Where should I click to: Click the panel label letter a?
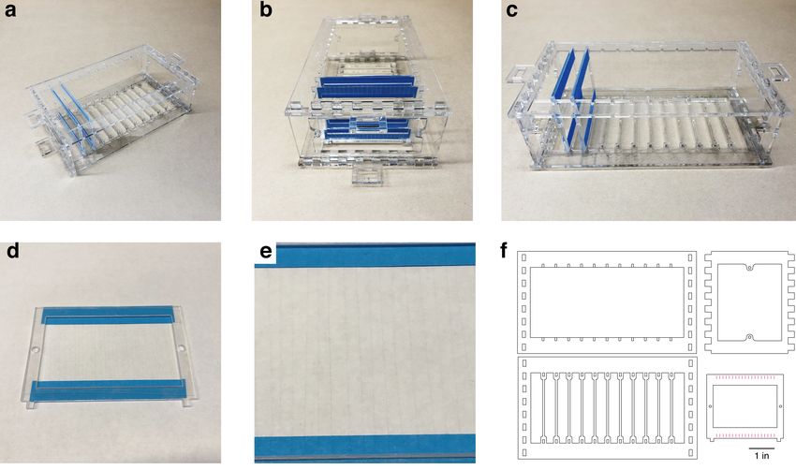pyautogui.click(x=9, y=10)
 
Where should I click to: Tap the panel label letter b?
pyautogui.click(x=266, y=9)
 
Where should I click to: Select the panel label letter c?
pyautogui.click(x=511, y=10)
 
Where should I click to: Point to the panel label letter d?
pyautogui.click(x=13, y=251)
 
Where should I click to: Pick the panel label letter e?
pyautogui.click(x=266, y=253)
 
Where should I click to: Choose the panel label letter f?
pyautogui.click(x=504, y=251)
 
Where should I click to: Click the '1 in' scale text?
pyautogui.click(x=761, y=455)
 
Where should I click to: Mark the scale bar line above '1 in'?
pyautogui.click(x=762, y=448)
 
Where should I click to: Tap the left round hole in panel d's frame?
pyautogui.click(x=36, y=350)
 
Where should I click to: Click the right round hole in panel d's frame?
pyautogui.click(x=182, y=347)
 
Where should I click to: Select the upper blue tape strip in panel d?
pyautogui.click(x=108, y=316)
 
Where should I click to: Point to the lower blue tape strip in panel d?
pyautogui.click(x=107, y=389)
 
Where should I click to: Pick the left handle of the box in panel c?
pyautogui.click(x=521, y=74)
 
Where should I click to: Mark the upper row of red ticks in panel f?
pyautogui.click(x=744, y=377)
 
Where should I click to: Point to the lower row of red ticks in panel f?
pyautogui.click(x=744, y=435)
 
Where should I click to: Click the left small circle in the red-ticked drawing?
pyautogui.click(x=710, y=406)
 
